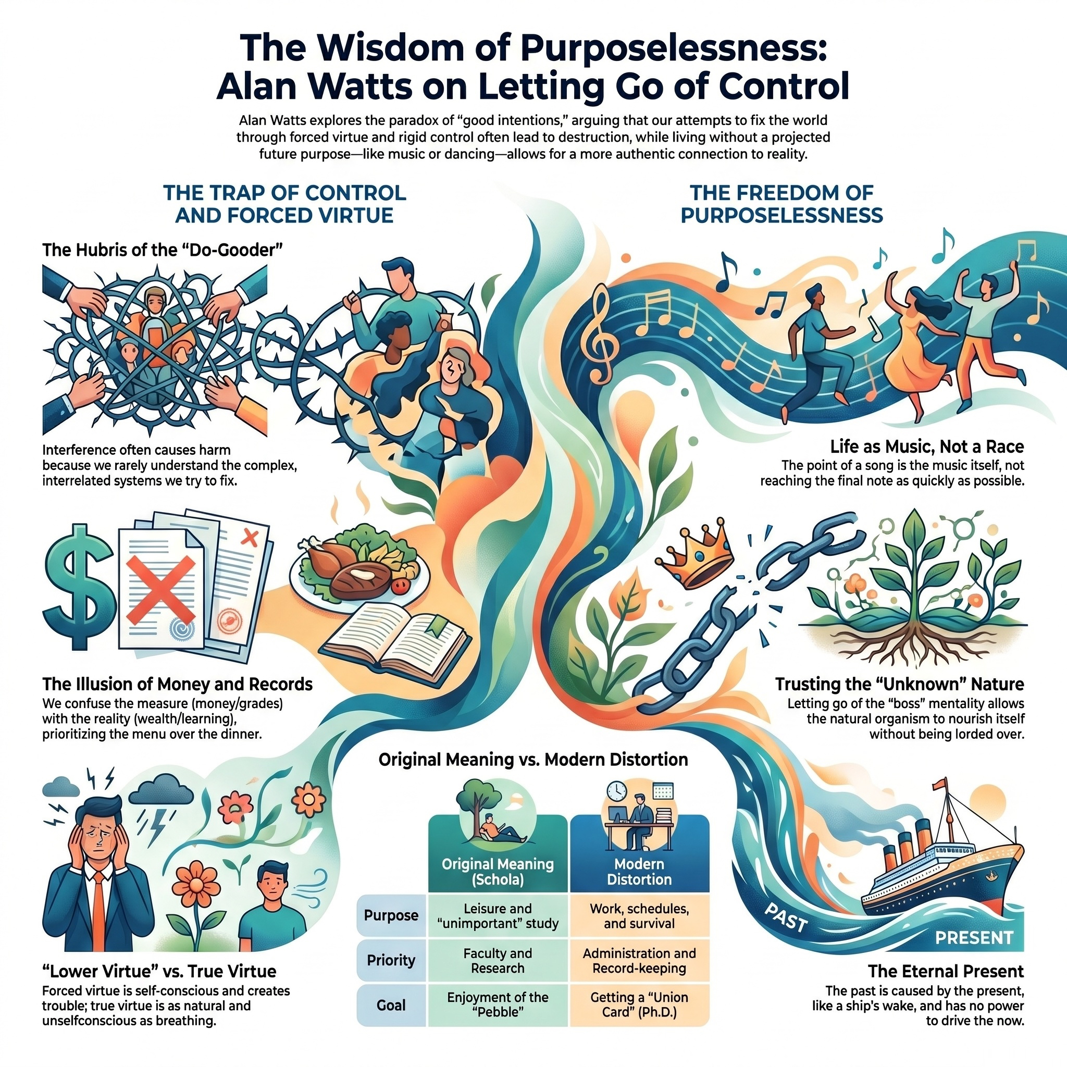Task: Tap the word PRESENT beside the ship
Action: (x=974, y=937)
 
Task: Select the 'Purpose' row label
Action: (x=391, y=915)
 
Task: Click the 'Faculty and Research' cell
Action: (x=498, y=960)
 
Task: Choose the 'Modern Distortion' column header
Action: (x=639, y=872)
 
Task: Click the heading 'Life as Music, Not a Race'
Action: (x=927, y=446)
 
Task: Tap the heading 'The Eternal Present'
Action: (x=946, y=971)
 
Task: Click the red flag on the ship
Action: (x=939, y=784)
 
